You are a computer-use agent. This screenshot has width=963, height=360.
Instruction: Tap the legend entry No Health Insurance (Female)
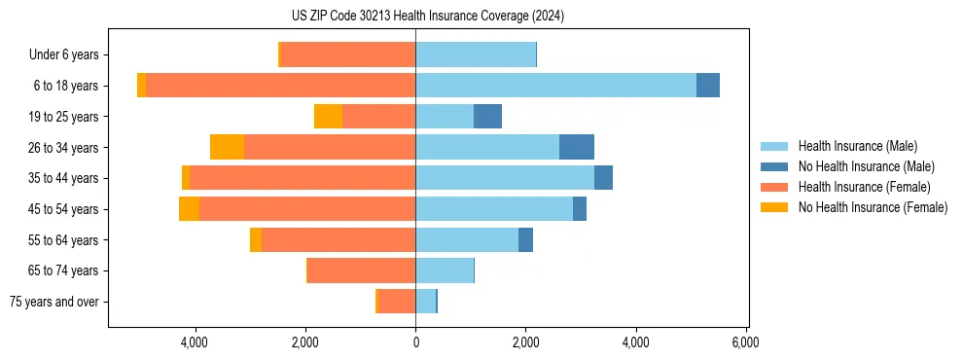[x=873, y=207]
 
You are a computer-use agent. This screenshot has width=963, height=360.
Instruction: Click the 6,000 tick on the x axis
[x=746, y=342]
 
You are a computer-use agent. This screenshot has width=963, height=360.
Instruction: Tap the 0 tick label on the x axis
[x=415, y=342]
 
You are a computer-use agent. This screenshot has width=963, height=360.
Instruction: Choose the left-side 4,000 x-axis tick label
[x=196, y=342]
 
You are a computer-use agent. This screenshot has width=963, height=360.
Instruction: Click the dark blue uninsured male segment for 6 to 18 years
[x=708, y=86]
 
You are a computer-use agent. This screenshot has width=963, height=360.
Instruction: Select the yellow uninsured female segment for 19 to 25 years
[x=328, y=117]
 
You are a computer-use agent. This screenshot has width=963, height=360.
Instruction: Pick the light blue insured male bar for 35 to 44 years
[x=504, y=178]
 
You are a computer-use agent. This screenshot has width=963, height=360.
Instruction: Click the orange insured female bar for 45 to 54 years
[x=307, y=209]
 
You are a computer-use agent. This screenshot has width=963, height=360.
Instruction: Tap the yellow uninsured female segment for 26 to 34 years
[x=227, y=147]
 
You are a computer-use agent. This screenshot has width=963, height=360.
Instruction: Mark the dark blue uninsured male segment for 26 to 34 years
[x=577, y=147]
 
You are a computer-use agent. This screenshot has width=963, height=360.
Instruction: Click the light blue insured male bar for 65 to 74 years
[x=444, y=270]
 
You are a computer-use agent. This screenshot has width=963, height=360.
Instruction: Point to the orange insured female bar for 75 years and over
[x=397, y=302]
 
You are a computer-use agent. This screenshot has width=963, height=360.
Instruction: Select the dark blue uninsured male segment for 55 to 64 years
[x=525, y=239]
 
